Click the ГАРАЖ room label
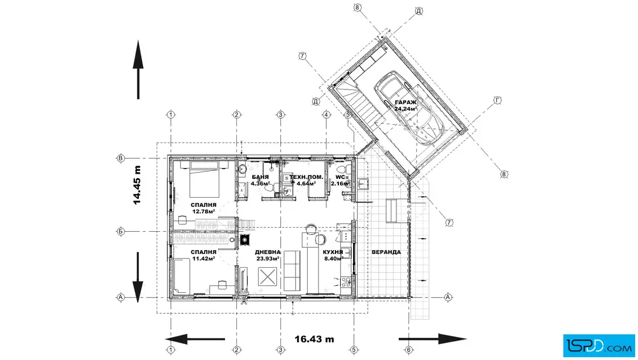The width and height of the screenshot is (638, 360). tap(405, 103)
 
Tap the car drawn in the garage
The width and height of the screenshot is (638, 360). tap(409, 109)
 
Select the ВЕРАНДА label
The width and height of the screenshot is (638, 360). tap(386, 252)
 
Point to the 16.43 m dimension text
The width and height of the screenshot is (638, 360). tap(314, 339)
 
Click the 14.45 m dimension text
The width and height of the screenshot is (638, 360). tap(137, 185)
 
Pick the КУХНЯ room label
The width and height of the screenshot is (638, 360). tap(333, 252)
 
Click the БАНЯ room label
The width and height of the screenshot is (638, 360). tap(260, 177)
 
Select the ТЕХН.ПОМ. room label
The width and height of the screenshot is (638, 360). tap(306, 177)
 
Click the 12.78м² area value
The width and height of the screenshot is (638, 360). tap(203, 211)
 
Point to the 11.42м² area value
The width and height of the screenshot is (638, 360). tap(203, 258)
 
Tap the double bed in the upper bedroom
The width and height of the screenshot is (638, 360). tap(205, 179)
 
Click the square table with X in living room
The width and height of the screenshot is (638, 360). tap(267, 277)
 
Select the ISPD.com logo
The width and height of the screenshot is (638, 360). tap(599, 346)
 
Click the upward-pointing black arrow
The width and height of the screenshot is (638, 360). tap(138, 69)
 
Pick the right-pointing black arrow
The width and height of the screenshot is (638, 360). tap(432, 339)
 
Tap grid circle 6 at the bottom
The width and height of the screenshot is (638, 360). tap(409, 349)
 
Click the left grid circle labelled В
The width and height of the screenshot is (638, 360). tap(120, 158)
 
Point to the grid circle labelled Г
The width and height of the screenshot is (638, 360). tap(497, 100)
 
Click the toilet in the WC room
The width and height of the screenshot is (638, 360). tap(341, 169)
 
